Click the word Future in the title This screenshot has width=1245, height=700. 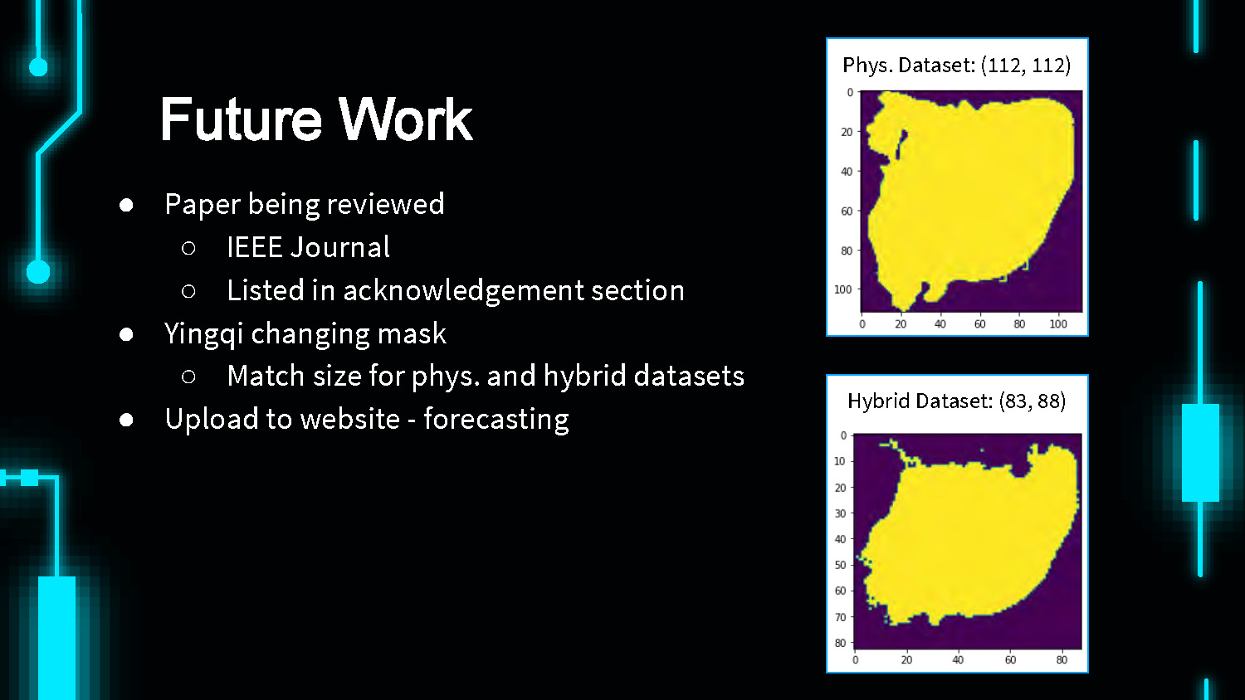(242, 119)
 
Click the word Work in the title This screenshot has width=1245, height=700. (406, 119)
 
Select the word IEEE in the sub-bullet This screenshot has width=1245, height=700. (255, 247)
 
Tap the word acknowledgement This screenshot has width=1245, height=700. (463, 290)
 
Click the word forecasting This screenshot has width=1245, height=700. (496, 420)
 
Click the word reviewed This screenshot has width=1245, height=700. (386, 204)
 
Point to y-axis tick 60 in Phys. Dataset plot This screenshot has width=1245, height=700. (847, 211)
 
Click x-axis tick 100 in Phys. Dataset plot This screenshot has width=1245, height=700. (1057, 324)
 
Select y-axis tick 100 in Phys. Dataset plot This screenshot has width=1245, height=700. (843, 289)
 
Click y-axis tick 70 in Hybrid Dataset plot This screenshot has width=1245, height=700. (840, 617)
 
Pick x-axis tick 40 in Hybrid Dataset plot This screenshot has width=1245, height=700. (958, 660)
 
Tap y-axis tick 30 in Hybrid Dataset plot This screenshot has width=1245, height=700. (840, 513)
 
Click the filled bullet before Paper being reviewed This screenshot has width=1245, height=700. (126, 206)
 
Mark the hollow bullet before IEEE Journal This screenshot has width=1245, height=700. (188, 248)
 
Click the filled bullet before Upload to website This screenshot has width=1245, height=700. (126, 420)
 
